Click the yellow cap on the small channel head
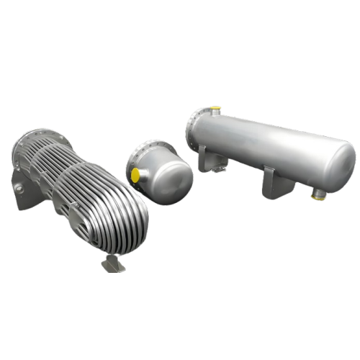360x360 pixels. pos(134,174)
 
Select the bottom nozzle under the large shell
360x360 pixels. pos(318,192)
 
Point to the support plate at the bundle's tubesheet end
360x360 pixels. pos(19,180)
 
